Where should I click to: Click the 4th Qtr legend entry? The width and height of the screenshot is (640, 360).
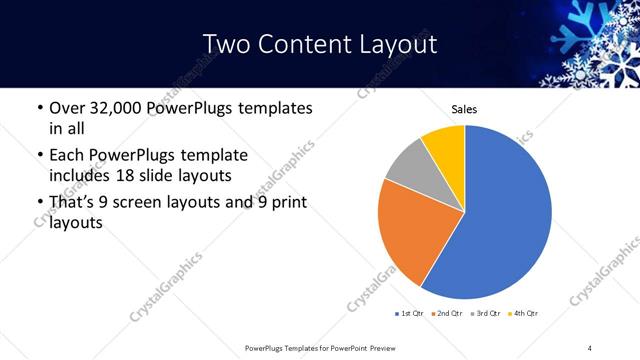pos(524,314)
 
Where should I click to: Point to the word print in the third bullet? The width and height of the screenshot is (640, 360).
pos(287,204)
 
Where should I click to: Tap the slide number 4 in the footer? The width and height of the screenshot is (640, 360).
pos(590,347)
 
